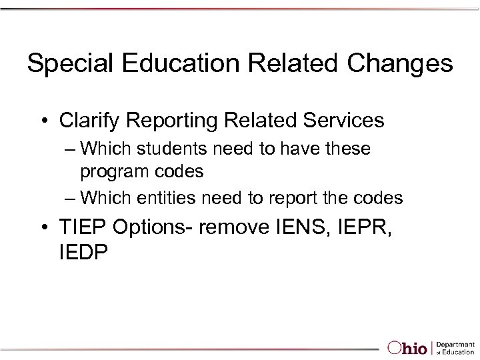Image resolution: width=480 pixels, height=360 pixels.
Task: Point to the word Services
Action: click(343, 121)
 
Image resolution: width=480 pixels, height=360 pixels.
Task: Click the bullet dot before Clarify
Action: click(43, 121)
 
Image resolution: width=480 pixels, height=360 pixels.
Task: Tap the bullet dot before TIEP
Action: click(43, 228)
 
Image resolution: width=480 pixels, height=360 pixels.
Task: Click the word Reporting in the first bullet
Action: click(167, 121)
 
